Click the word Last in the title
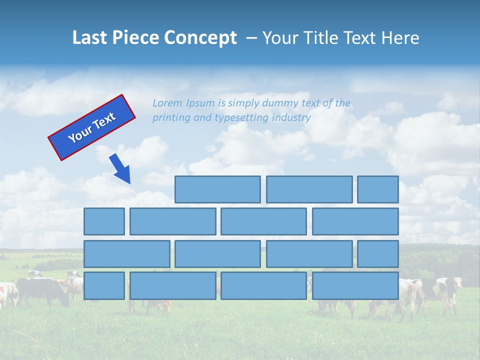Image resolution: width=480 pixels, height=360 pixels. pyautogui.click(x=90, y=38)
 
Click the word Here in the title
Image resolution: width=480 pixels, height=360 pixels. pyautogui.click(x=400, y=38)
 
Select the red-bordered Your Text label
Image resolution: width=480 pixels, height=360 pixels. pyautogui.click(x=92, y=127)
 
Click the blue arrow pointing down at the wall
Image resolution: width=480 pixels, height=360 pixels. pyautogui.click(x=120, y=169)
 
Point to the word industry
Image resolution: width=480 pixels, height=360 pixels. pyautogui.click(x=291, y=118)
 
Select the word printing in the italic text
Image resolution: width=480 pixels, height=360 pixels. pyautogui.click(x=170, y=118)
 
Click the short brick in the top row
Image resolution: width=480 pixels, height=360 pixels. pyautogui.click(x=378, y=189)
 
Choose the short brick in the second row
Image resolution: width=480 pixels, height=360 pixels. pyautogui.click(x=104, y=221)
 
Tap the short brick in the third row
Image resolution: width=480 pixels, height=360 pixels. pyautogui.click(x=378, y=254)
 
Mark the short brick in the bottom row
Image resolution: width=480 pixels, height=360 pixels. pyautogui.click(x=104, y=286)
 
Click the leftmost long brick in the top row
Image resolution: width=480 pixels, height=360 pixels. pyautogui.click(x=217, y=189)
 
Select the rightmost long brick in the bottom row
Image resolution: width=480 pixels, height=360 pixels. pyautogui.click(x=355, y=286)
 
